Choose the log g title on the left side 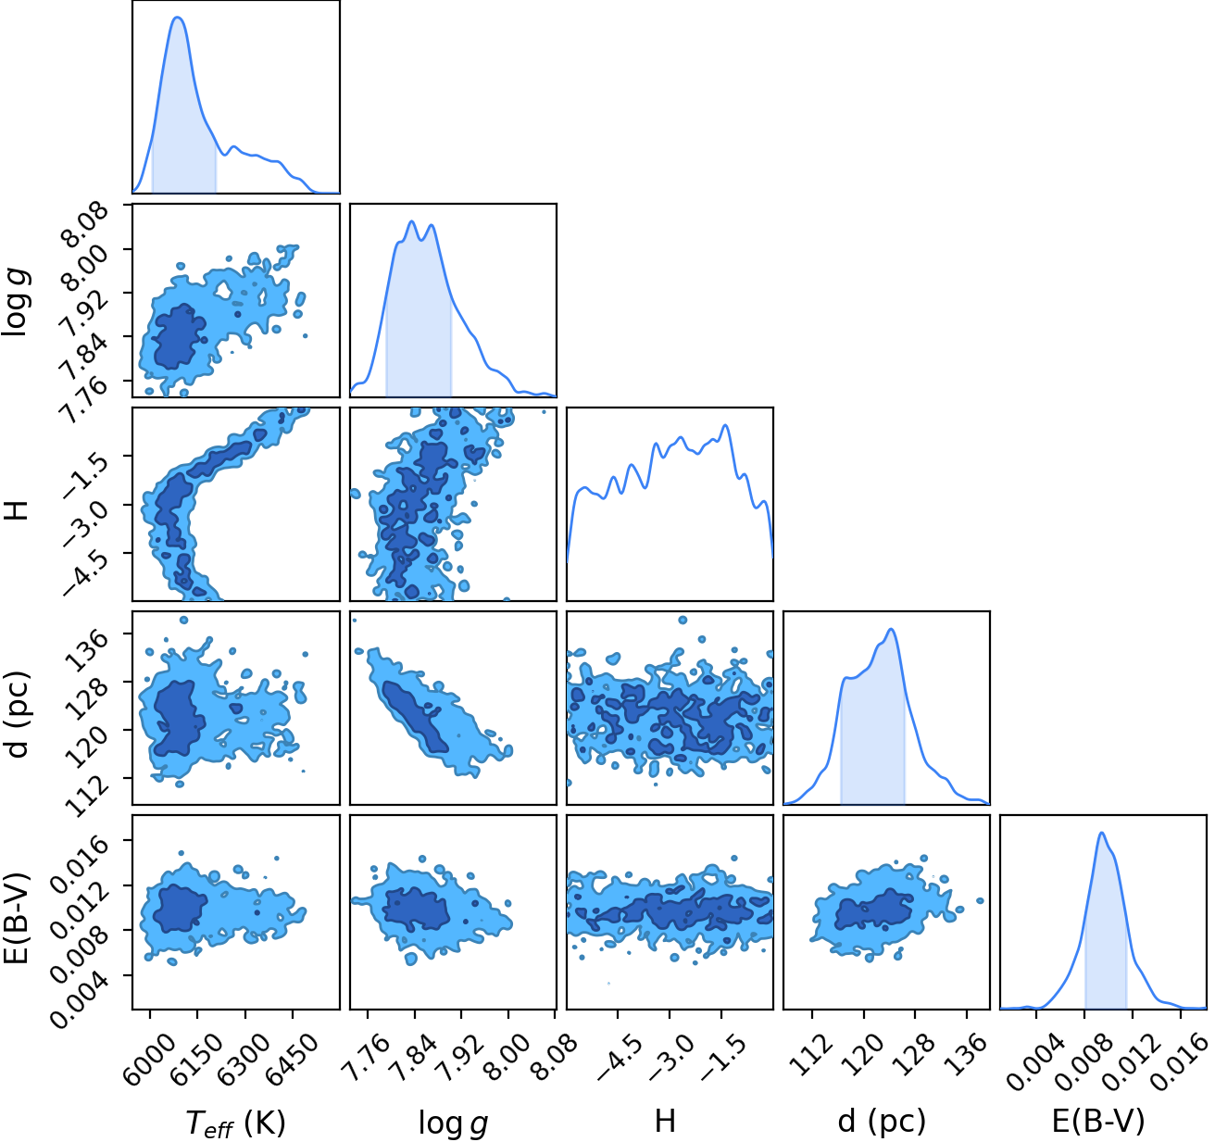(x=17, y=303)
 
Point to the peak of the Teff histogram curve (x=178, y=18)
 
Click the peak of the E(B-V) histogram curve (x=1101, y=833)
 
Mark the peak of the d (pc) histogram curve (x=892, y=629)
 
